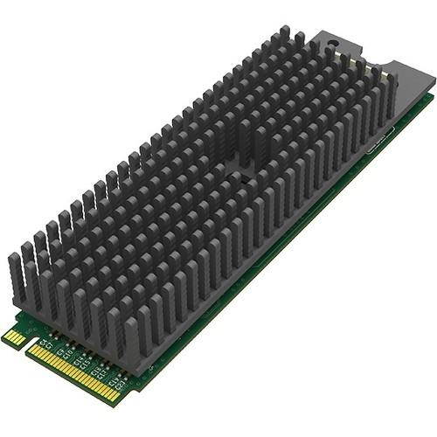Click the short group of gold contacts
click(15, 336)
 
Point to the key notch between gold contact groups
click(30, 343)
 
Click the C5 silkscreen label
click(42, 343)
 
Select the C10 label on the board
click(68, 353)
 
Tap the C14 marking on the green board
click(78, 361)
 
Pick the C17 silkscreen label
click(102, 374)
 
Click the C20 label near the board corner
click(121, 385)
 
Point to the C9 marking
click(59, 351)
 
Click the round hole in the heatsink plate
click(336, 44)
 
